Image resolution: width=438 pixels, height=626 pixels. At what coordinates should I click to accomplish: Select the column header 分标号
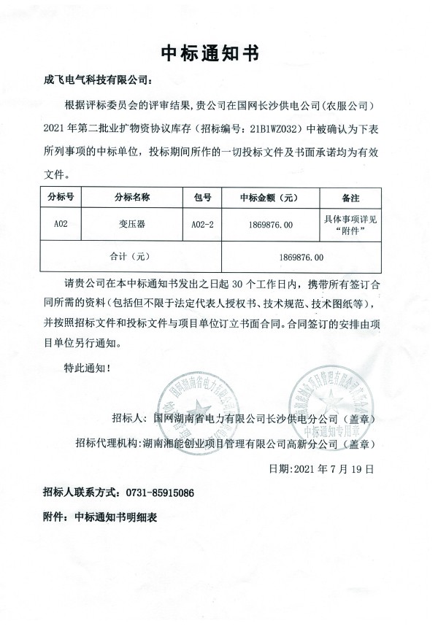tap(61, 197)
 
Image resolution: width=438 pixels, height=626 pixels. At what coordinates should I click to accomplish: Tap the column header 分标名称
tap(132, 197)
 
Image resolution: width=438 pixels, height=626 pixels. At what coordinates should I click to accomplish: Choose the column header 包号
tap(201, 197)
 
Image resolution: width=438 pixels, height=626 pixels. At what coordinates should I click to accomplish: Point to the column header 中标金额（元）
tap(268, 197)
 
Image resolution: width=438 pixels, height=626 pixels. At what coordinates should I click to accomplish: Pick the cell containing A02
tap(61, 225)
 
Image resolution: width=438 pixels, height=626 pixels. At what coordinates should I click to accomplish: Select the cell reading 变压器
tap(132, 225)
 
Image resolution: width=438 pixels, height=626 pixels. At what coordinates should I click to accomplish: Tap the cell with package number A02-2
tap(201, 225)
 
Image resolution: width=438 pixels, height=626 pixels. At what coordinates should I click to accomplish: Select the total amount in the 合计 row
tap(301, 257)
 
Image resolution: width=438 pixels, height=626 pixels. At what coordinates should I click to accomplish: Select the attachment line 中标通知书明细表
tap(116, 517)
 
